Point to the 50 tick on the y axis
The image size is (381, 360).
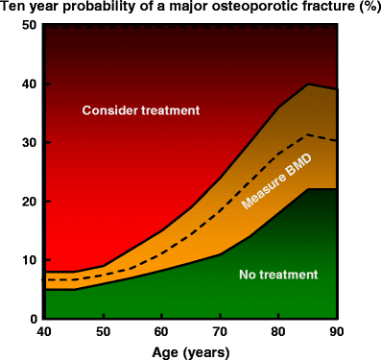tap(27, 25)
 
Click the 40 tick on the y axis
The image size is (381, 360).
tap(27, 84)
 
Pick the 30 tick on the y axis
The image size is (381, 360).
tap(27, 142)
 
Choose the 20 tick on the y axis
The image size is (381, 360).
tap(27, 201)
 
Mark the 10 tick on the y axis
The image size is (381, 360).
tap(27, 260)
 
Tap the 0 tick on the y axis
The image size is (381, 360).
tap(31, 319)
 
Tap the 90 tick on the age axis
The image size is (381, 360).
tap(335, 332)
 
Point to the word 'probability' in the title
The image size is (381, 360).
tap(101, 9)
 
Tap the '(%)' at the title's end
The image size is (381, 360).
tap(363, 9)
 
